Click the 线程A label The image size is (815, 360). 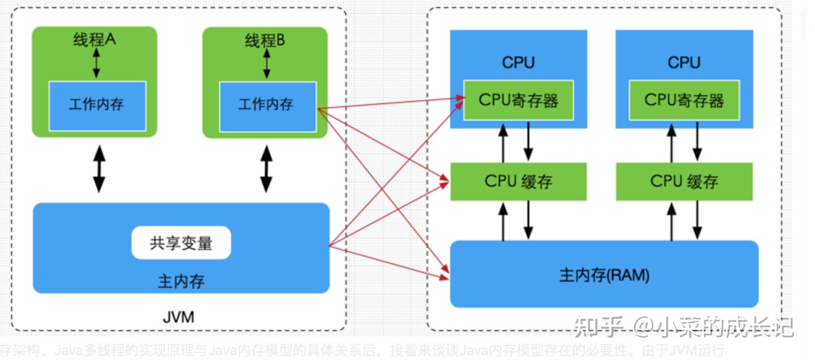coord(94,39)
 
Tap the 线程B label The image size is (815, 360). coord(265,40)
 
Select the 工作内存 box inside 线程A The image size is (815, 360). coord(97,106)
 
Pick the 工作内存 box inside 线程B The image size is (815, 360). coord(268,106)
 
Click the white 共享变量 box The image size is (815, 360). coord(181,243)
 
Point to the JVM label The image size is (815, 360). coord(178,317)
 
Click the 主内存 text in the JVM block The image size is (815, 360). coord(181,281)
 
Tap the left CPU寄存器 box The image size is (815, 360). coord(518,100)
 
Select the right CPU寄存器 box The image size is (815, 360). coord(684,100)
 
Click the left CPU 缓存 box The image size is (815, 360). coord(518,181)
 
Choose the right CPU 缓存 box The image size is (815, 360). coord(684,181)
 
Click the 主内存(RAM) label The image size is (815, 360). coord(604,275)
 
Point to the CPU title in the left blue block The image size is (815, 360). coord(518,62)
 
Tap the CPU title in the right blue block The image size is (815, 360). coord(684,62)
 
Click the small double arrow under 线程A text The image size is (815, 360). coord(96,62)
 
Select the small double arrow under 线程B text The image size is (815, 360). coord(267,63)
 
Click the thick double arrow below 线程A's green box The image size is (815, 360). coord(99,169)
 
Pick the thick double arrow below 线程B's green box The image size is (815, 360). coord(267,169)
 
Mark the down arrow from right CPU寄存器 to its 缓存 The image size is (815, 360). coord(697,141)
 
